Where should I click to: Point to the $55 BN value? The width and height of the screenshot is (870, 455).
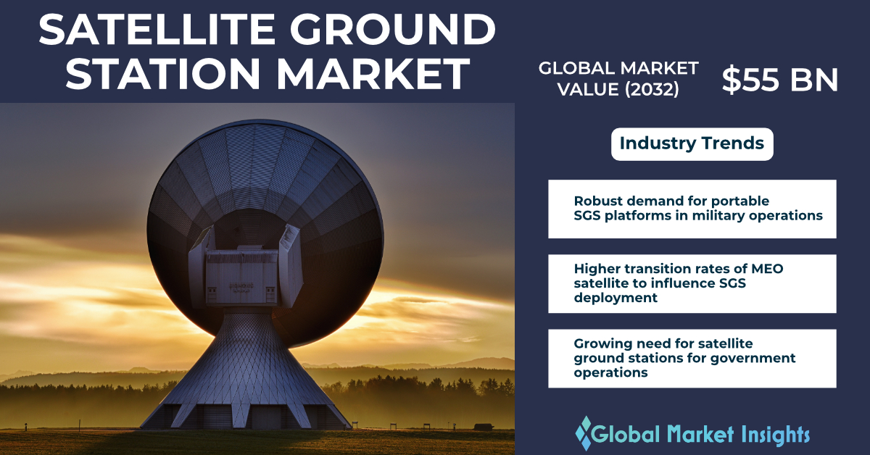[779, 81]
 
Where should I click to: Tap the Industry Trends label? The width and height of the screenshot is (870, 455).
[692, 143]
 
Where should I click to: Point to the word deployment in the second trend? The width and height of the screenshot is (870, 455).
[616, 298]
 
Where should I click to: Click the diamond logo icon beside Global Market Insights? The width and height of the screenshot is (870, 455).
[582, 433]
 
